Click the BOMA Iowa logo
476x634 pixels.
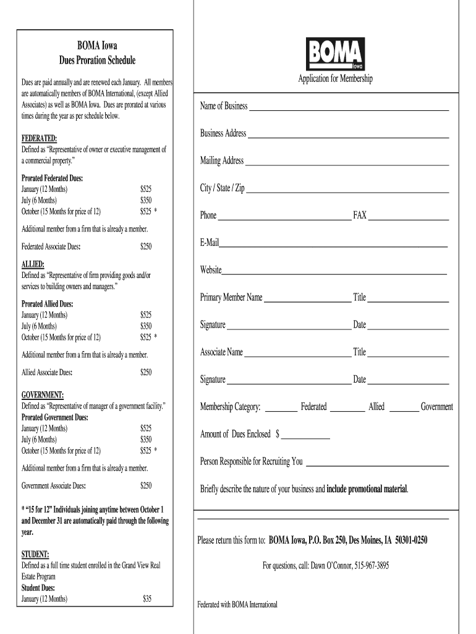pyautogui.click(x=336, y=53)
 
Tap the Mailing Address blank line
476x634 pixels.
pyautogui.click(x=347, y=165)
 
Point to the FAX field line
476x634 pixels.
pyautogui.click(x=409, y=219)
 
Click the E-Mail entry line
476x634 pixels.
pyautogui.click(x=333, y=246)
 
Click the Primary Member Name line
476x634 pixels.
pyautogui.click(x=307, y=301)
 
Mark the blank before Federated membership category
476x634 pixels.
pyautogui.click(x=281, y=410)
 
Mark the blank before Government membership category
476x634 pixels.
pyautogui.click(x=404, y=410)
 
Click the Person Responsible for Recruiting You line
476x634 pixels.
pyautogui.click(x=377, y=465)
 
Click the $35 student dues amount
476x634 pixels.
pyautogui.click(x=147, y=598)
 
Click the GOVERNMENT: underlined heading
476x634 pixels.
pyautogui.click(x=43, y=395)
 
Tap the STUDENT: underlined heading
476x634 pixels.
pyautogui.click(x=36, y=554)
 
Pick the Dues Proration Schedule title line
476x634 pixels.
pyautogui.click(x=97, y=61)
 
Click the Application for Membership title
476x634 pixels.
pyautogui.click(x=336, y=79)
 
